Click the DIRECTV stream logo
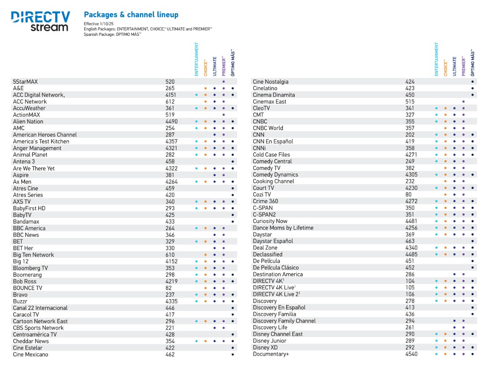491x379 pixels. tap(40, 21)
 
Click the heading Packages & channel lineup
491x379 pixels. tap(131, 15)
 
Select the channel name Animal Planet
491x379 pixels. tap(28, 155)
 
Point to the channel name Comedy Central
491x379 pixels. tap(272, 161)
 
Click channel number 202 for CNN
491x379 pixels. tap(410, 135)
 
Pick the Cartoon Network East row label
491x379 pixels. tap(40, 321)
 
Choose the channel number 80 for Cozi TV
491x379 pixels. tap(409, 195)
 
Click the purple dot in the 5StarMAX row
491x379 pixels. tap(224, 81)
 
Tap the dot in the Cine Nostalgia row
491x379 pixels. tap(472, 81)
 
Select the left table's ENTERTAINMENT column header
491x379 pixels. tap(196, 59)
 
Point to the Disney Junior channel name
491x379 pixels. tap(270, 341)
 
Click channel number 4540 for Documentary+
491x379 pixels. tap(412, 354)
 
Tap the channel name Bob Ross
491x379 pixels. tap(25, 281)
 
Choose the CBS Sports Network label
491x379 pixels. tap(38, 328)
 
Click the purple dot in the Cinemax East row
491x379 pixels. tap(463, 101)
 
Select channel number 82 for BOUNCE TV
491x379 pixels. tap(169, 288)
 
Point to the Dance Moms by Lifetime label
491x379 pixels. tap(283, 228)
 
